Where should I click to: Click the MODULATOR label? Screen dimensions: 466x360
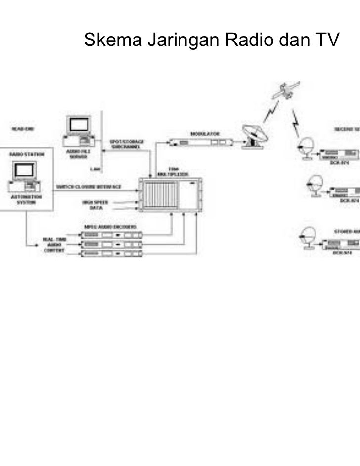(204, 133)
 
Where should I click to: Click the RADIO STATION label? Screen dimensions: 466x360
(26, 154)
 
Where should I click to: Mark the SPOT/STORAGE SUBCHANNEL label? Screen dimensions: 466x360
(127, 144)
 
